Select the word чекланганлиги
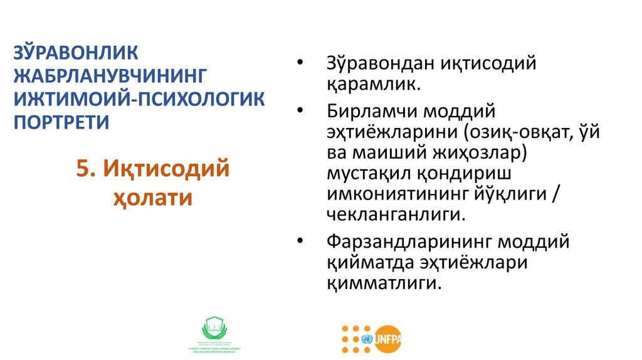coord(396,214)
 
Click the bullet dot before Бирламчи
coord(301,112)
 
